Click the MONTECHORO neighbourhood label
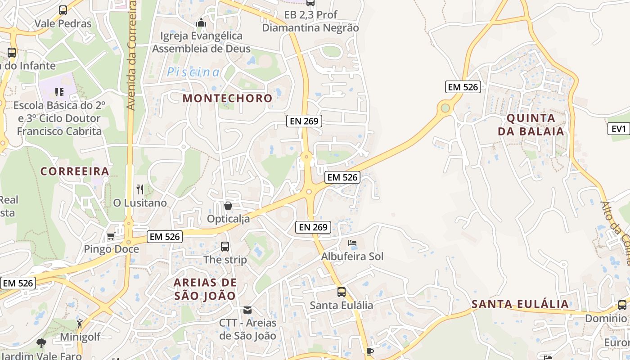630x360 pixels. [228, 98]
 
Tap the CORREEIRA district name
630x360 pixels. [75, 171]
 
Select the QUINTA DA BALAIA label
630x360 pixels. [535, 125]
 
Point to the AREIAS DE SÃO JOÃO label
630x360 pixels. [205, 289]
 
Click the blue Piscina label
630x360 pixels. [193, 72]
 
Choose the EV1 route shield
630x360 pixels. [619, 129]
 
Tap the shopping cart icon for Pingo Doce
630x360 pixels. [111, 236]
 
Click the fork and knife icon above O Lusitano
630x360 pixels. [140, 189]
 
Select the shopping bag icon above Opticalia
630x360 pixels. [228, 206]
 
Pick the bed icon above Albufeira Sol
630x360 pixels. [352, 243]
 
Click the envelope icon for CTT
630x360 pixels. [247, 310]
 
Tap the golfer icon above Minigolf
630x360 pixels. [80, 323]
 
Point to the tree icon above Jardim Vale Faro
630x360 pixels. [41, 343]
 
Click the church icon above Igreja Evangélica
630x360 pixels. [201, 22]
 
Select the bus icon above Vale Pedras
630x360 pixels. [63, 10]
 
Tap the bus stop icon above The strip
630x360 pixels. [225, 247]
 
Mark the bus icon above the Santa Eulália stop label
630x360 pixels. [342, 292]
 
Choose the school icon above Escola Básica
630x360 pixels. [59, 92]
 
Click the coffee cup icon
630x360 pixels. [370, 351]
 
